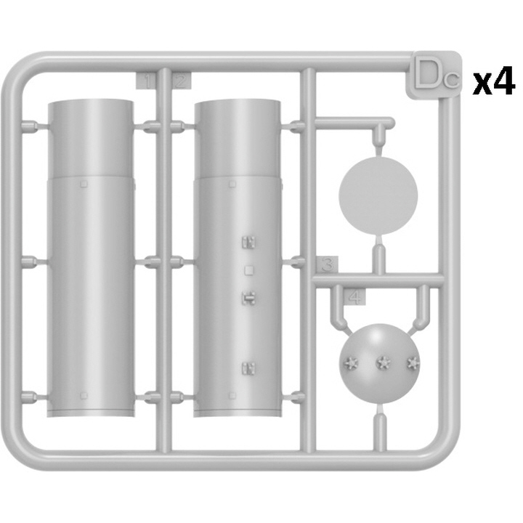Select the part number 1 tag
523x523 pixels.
click(x=146, y=81)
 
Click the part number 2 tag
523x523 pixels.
click(x=182, y=81)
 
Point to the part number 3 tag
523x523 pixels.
click(x=328, y=264)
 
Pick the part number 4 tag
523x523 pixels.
click(x=355, y=296)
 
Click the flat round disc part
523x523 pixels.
click(x=378, y=195)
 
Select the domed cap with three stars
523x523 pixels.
click(x=380, y=364)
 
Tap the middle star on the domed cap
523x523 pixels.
click(x=384, y=362)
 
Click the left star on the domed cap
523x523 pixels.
click(x=352, y=363)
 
